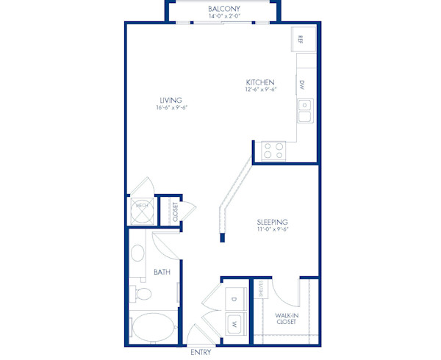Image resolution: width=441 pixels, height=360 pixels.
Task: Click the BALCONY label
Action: tap(224, 8)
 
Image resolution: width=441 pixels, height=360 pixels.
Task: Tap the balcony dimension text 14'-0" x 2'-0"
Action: tap(224, 15)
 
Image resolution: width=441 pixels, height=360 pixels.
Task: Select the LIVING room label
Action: tap(171, 100)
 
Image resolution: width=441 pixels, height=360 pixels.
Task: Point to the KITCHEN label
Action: tap(260, 82)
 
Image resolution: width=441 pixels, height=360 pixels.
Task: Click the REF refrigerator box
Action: tap(302, 39)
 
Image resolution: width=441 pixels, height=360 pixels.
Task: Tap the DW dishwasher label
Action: tap(302, 84)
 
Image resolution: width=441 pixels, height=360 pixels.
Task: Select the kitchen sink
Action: tap(305, 111)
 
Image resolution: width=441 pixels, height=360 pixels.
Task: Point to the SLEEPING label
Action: tap(271, 222)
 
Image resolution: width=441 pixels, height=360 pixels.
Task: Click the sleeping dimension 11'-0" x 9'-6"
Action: tap(271, 230)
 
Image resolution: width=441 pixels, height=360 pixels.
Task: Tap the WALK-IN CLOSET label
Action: tap(286, 318)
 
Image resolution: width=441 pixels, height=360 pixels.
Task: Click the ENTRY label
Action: tap(201, 353)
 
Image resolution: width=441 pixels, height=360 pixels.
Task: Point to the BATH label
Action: tap(162, 273)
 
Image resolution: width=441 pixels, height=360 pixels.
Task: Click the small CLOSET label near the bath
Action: tap(175, 212)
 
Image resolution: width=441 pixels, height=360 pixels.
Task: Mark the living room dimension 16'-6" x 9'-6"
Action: tap(171, 108)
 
